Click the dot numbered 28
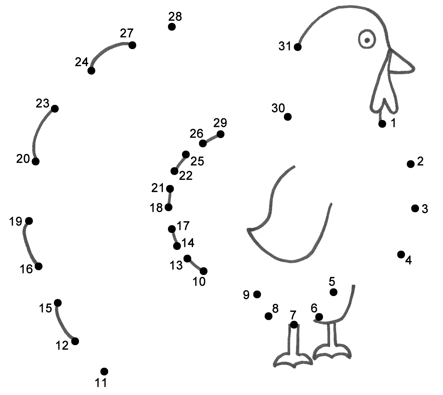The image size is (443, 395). click(x=172, y=27)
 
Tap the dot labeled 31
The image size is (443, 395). click(x=298, y=47)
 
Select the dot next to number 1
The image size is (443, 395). click(x=382, y=124)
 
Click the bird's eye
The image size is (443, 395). click(x=367, y=39)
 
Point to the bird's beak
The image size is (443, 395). click(x=401, y=65)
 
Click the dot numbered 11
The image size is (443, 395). click(x=104, y=371)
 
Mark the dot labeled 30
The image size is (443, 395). click(x=288, y=117)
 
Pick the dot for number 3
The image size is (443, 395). click(x=415, y=208)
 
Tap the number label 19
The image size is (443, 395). click(x=16, y=221)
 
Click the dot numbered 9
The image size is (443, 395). click(x=257, y=294)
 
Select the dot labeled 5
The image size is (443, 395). click(x=333, y=292)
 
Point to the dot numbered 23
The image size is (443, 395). click(x=55, y=109)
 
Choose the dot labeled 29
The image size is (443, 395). click(x=220, y=134)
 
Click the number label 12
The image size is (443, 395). click(x=62, y=346)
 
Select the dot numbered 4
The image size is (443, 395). click(x=401, y=254)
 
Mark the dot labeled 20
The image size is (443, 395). click(x=35, y=161)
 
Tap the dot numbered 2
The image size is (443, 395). click(x=411, y=164)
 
